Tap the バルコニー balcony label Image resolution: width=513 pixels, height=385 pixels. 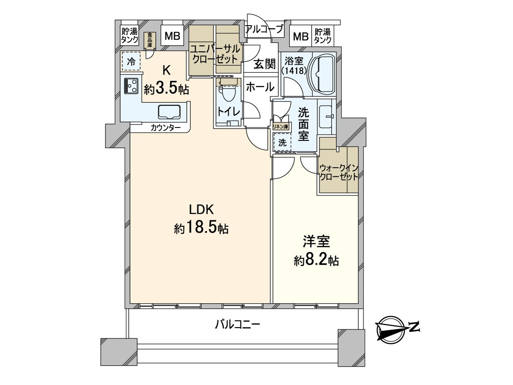click(x=237, y=325)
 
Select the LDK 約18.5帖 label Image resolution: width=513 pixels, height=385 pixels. click(x=201, y=219)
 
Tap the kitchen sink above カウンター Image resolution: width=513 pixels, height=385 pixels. click(x=170, y=113)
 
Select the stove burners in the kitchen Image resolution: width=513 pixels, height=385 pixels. click(x=131, y=86)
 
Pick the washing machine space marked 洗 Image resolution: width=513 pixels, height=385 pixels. click(x=282, y=143)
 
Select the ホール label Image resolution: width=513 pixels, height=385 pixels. click(x=260, y=87)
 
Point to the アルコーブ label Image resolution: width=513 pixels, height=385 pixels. click(x=264, y=30)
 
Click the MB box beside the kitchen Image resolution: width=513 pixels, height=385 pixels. click(x=172, y=36)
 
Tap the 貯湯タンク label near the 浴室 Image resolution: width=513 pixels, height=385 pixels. click(x=322, y=36)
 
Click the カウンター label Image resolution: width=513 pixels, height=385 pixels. click(x=165, y=127)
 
